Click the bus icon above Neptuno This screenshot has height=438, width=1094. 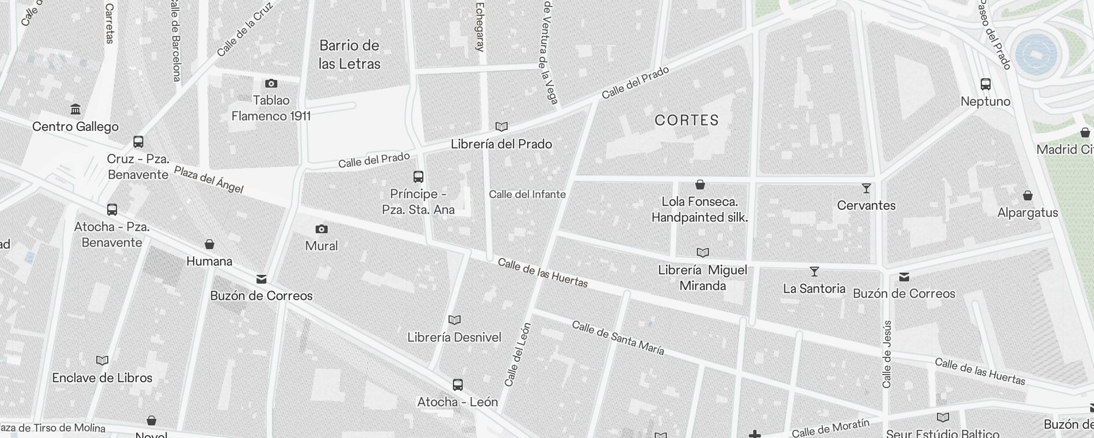[985, 84]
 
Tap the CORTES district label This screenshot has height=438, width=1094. [686, 120]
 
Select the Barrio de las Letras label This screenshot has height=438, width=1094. [349, 54]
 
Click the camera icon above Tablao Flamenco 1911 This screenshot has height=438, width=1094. [271, 83]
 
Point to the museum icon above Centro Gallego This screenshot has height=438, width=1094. [75, 109]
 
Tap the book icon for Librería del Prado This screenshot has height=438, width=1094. [501, 126]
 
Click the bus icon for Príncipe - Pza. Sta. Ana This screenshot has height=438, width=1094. [418, 176]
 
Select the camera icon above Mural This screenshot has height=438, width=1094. [322, 229]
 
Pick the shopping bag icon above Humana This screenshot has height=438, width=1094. [209, 244]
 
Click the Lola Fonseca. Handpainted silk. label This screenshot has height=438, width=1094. [700, 210]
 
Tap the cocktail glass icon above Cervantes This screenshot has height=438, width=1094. [866, 188]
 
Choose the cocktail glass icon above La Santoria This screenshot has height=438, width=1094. [814, 271]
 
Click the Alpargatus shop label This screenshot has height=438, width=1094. [1027, 212]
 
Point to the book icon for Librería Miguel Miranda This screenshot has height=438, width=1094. [702, 252]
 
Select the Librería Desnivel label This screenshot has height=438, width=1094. [454, 337]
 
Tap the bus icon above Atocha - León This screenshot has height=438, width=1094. [458, 384]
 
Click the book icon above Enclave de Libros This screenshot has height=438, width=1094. [102, 360]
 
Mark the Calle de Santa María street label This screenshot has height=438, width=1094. [618, 338]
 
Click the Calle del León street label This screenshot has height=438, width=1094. [517, 354]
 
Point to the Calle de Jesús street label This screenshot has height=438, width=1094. [887, 354]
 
